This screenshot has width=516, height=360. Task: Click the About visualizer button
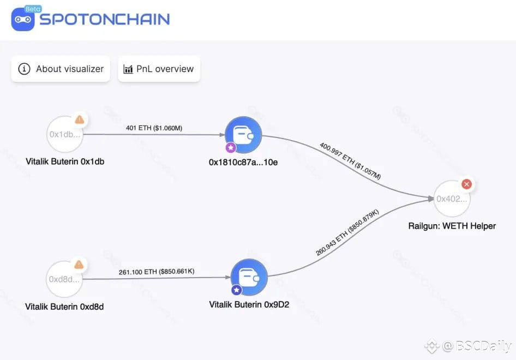(x=61, y=69)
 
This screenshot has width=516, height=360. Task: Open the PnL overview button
(x=159, y=69)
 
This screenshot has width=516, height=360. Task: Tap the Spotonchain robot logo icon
(x=22, y=19)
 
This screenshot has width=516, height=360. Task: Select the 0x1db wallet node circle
(x=65, y=134)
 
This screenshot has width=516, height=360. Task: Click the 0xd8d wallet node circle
(x=65, y=279)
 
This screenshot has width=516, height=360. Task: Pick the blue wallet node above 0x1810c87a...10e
(x=243, y=135)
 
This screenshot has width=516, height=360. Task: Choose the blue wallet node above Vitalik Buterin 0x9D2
(x=249, y=278)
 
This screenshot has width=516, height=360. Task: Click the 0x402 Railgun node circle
(x=452, y=199)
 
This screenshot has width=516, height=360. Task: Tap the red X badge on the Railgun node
(x=466, y=184)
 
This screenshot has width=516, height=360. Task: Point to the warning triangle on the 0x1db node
(x=80, y=119)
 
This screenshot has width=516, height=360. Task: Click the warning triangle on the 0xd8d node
(x=79, y=265)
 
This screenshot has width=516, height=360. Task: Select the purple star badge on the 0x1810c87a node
(x=231, y=147)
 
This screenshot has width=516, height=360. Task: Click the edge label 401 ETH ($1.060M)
(x=154, y=128)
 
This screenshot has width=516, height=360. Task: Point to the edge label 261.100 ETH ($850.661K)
(x=157, y=272)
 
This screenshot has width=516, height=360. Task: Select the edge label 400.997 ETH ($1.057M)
(x=350, y=161)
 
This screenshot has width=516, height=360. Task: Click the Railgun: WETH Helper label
(x=452, y=226)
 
